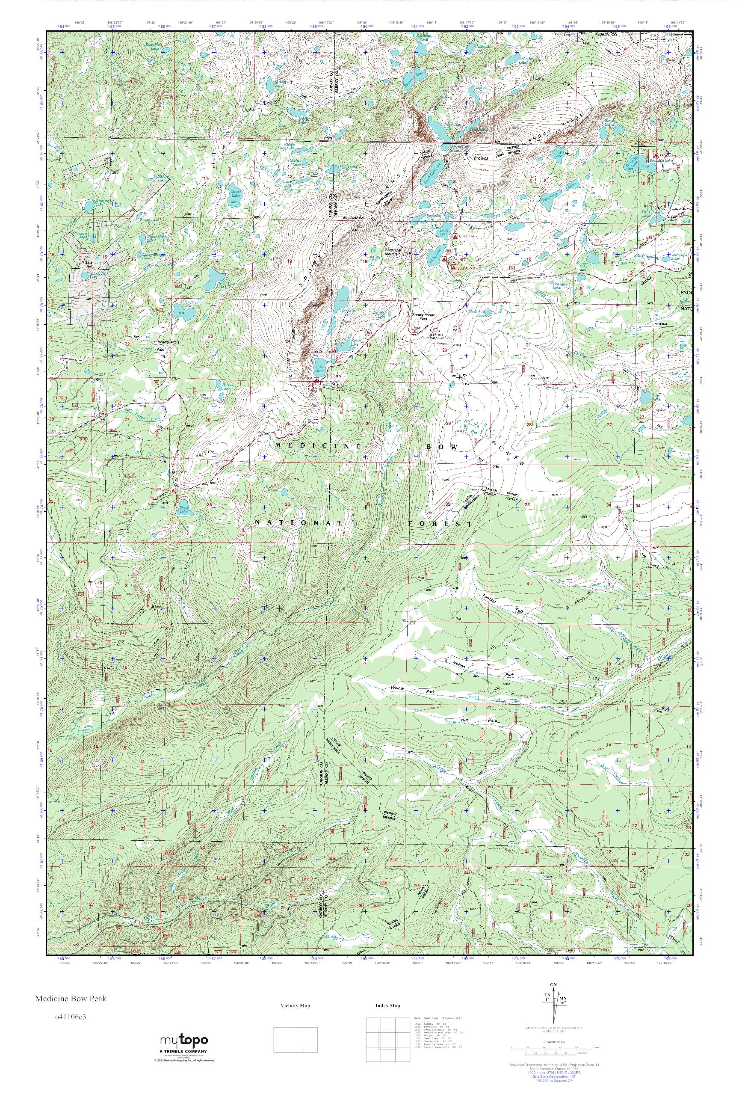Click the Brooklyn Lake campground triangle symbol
click(x=655, y=154)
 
